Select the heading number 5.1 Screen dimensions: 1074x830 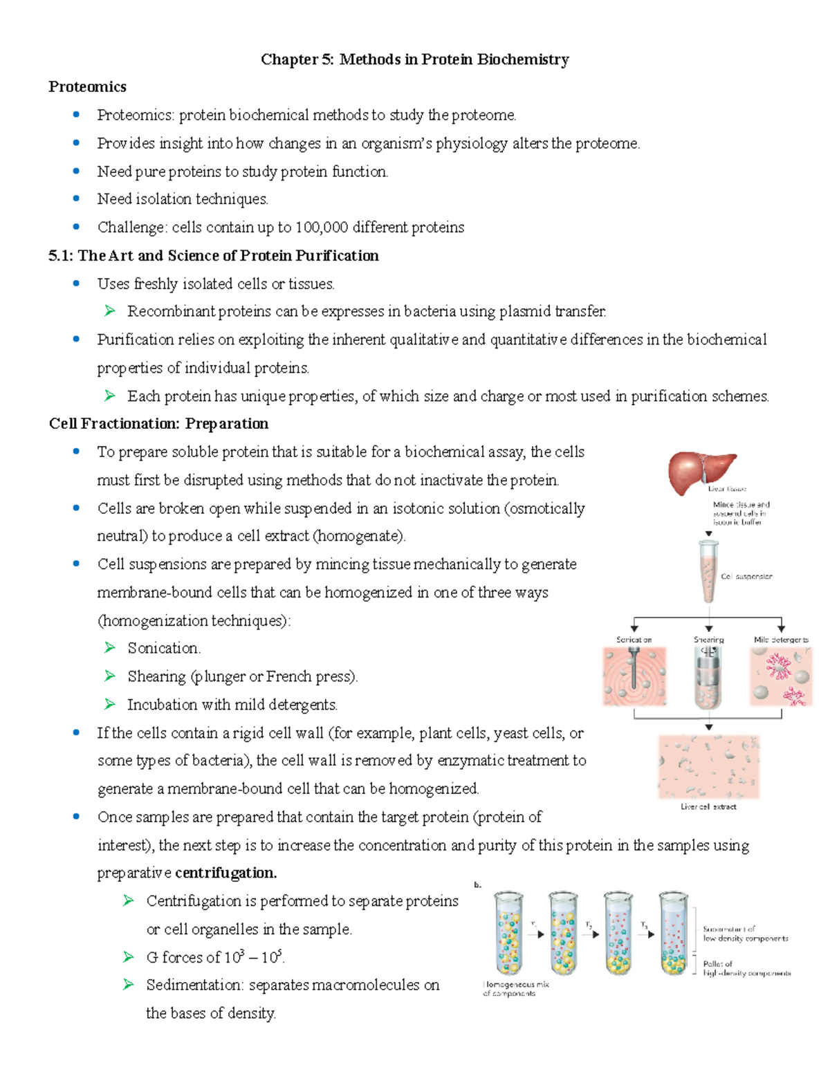[60, 256]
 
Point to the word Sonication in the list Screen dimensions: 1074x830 [163, 648]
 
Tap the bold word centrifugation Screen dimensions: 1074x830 [226, 873]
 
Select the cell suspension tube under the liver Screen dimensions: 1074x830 [708, 571]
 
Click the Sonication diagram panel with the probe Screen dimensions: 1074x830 [634, 677]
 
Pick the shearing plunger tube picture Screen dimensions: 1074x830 [708, 677]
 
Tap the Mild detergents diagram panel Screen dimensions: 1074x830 [781, 677]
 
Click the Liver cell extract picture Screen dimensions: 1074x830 [708, 766]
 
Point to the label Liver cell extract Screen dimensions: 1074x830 [708, 806]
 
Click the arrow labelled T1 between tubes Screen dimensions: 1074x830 [536, 934]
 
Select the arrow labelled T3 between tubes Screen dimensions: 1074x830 [647, 934]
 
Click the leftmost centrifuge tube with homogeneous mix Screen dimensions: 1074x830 [508, 934]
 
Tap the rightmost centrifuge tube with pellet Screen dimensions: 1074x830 [674, 934]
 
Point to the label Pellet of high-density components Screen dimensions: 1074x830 [746, 968]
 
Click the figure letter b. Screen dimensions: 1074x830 [477, 885]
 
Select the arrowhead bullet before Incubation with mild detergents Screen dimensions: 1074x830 [109, 704]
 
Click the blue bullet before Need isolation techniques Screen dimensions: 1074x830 [76, 198]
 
